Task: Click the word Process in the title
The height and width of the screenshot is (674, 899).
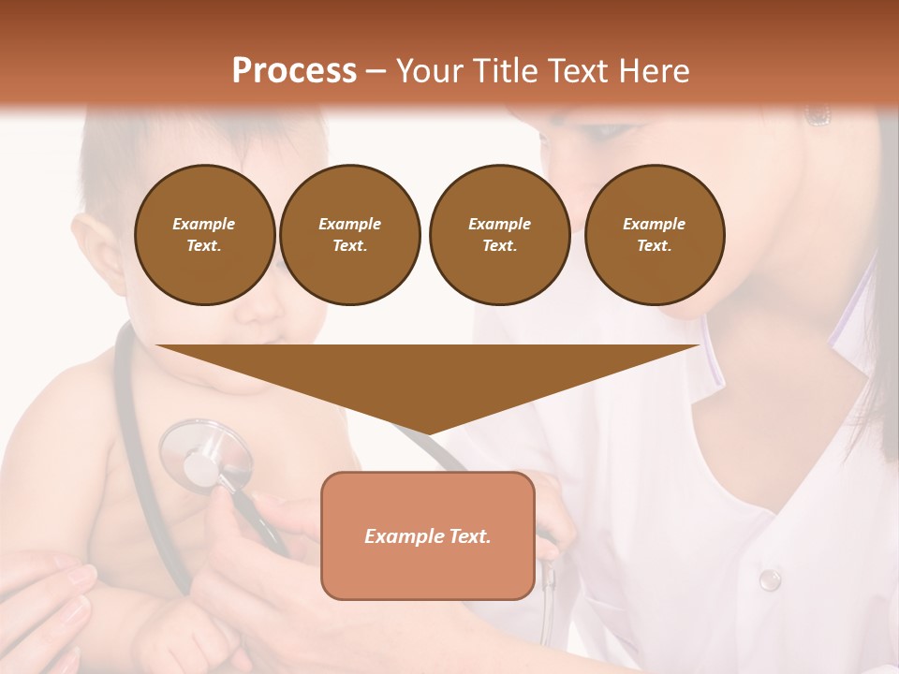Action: [x=294, y=71]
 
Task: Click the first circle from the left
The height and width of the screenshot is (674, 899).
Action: [x=204, y=235]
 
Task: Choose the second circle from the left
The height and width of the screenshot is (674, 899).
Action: [x=349, y=235]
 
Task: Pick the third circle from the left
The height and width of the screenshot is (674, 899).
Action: [x=499, y=235]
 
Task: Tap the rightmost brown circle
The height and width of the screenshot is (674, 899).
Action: [x=654, y=235]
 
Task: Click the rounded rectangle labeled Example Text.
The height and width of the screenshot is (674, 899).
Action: [x=428, y=536]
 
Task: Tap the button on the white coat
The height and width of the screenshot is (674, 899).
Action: [x=769, y=579]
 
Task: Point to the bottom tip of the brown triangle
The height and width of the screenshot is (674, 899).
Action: [x=428, y=432]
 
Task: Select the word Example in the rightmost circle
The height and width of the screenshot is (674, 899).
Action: [x=654, y=224]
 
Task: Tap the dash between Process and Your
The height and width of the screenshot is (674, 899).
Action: [x=376, y=71]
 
